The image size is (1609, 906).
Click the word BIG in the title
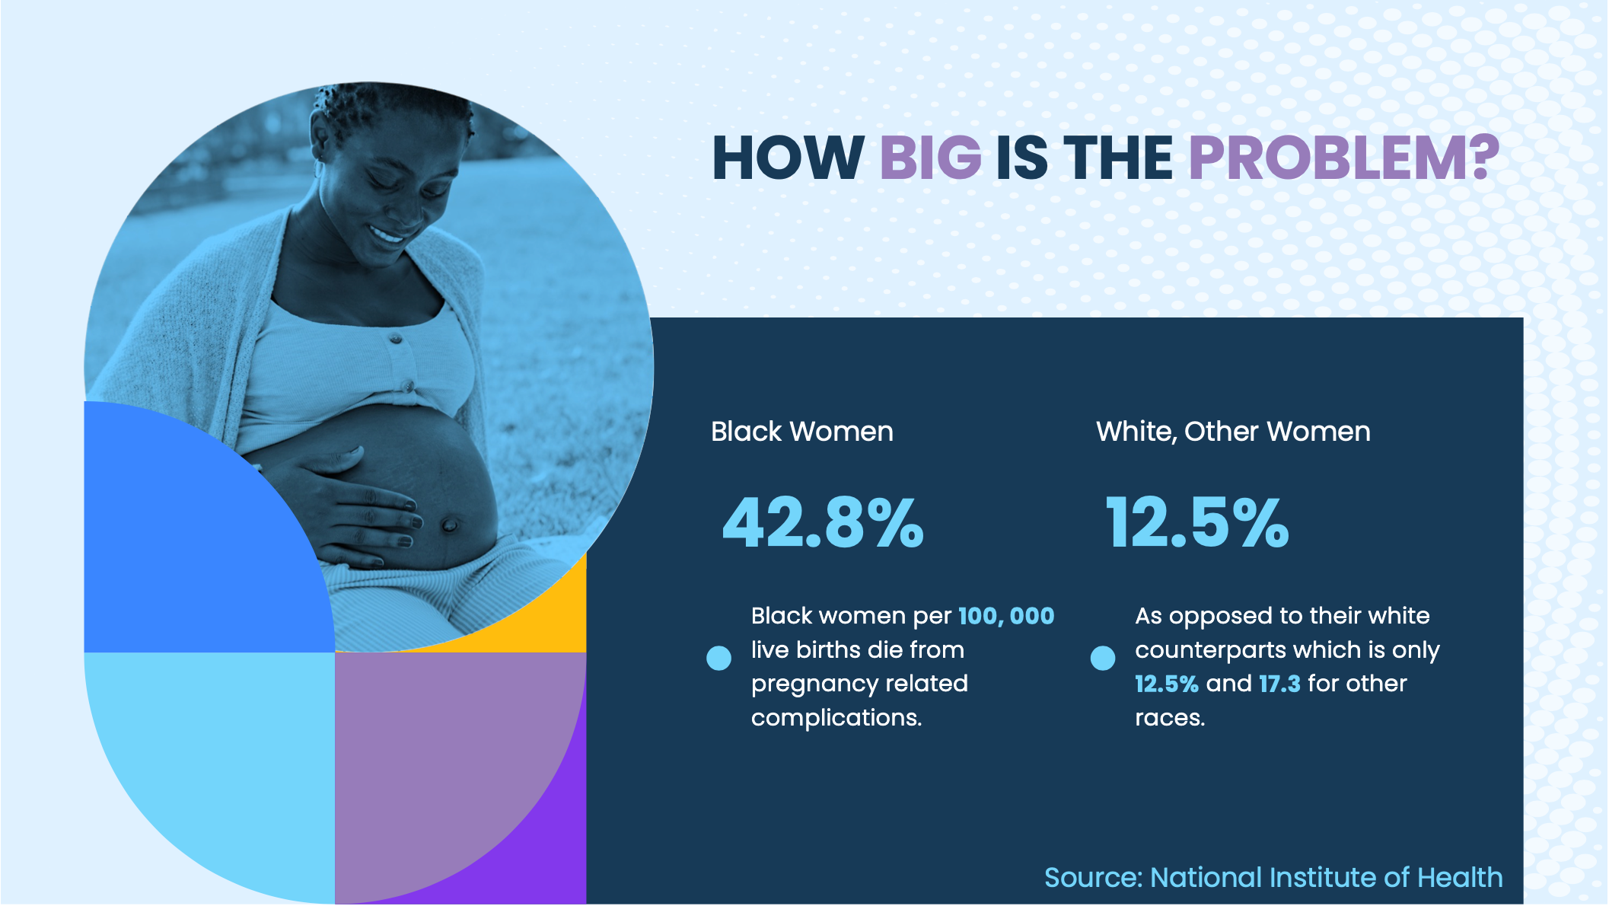pyautogui.click(x=930, y=158)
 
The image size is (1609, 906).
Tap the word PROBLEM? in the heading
pyautogui.click(x=1343, y=158)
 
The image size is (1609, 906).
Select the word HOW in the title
pyautogui.click(x=788, y=158)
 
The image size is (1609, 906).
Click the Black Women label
pyautogui.click(x=802, y=432)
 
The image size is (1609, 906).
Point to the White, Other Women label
pyautogui.click(x=1233, y=432)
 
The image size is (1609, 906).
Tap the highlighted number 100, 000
pyautogui.click(x=1006, y=616)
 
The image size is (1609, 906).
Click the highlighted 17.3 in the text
pyautogui.click(x=1279, y=684)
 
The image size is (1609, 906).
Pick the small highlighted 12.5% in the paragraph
pyautogui.click(x=1166, y=684)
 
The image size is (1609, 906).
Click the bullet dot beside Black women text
pyautogui.click(x=718, y=658)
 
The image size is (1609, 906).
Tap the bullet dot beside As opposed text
pyautogui.click(x=1102, y=658)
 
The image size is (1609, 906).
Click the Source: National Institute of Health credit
pyautogui.click(x=1273, y=878)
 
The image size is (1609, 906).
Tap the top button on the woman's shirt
pyautogui.click(x=395, y=337)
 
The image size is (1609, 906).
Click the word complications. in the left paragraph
pyautogui.click(x=836, y=718)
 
